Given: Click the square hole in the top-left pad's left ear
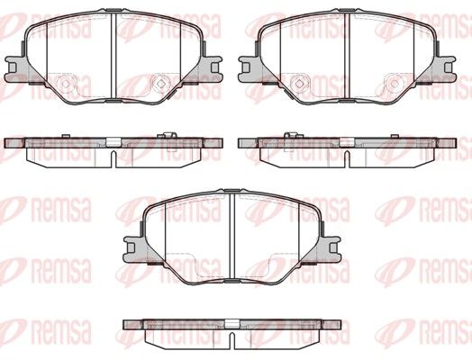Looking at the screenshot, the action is (x=12, y=67).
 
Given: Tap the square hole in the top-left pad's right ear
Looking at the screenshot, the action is (x=214, y=67).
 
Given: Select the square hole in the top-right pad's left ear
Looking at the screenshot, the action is (x=245, y=67).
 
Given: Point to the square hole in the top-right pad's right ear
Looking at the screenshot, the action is (x=448, y=67).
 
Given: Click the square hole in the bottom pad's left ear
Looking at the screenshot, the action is (x=130, y=247).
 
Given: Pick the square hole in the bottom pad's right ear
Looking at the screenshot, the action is (x=333, y=247).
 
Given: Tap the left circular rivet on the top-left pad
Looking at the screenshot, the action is (x=66, y=84).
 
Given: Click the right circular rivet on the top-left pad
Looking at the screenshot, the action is (x=160, y=84).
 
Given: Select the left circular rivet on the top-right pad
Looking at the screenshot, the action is (x=299, y=84).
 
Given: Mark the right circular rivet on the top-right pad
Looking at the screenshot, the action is (x=394, y=84).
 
